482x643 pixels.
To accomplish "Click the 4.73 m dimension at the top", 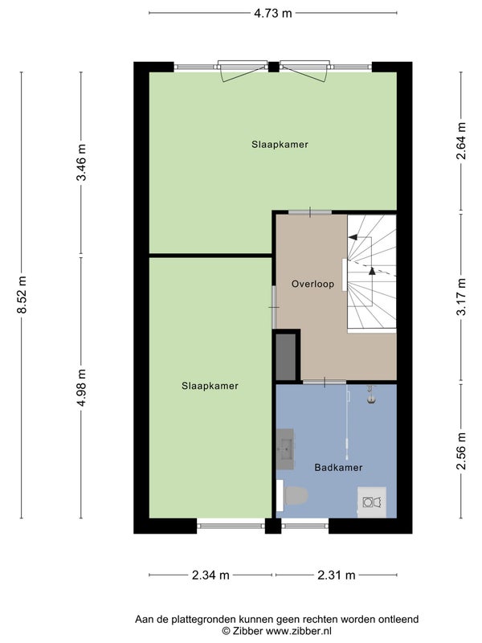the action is tap(272, 13).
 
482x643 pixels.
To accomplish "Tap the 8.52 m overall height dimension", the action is tap(22, 295).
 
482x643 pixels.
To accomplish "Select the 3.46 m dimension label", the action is tap(81, 162).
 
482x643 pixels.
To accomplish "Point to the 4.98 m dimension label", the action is tap(81, 387).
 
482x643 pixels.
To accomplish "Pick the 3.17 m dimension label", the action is tap(461, 296).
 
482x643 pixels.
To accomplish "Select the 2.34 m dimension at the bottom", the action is tap(210, 575).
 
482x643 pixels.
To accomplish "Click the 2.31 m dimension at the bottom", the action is tap(337, 575).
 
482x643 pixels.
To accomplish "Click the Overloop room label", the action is tap(312, 284).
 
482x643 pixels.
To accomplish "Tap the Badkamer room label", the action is tap(338, 467).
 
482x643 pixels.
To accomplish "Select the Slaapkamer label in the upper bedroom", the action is tap(280, 145).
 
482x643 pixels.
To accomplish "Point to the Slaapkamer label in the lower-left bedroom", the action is tap(210, 386).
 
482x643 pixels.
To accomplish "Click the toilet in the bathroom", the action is tap(292, 495).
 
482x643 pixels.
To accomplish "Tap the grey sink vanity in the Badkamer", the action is tap(285, 449).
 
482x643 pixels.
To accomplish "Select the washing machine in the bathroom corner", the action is tap(372, 502).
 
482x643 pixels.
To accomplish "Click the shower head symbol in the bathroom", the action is tap(371, 394).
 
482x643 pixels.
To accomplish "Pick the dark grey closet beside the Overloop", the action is tap(286, 357).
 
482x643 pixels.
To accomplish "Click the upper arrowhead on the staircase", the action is tap(353, 237).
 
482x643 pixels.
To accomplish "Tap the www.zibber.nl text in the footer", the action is tap(299, 631).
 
